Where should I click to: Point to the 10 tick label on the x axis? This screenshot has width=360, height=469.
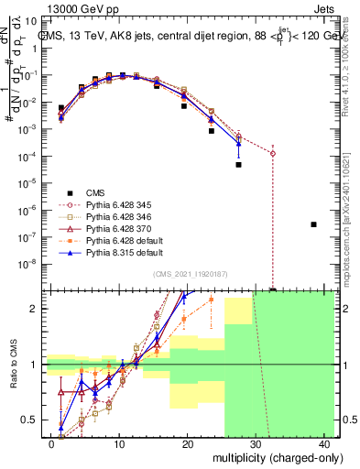(x=120, y=442)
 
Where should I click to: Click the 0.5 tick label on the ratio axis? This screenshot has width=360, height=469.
(x=34, y=420)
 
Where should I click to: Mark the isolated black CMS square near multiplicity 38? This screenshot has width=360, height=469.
(x=313, y=224)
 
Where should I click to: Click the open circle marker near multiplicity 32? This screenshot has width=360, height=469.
(x=273, y=153)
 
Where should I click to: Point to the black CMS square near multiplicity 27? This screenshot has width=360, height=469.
(x=238, y=165)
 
